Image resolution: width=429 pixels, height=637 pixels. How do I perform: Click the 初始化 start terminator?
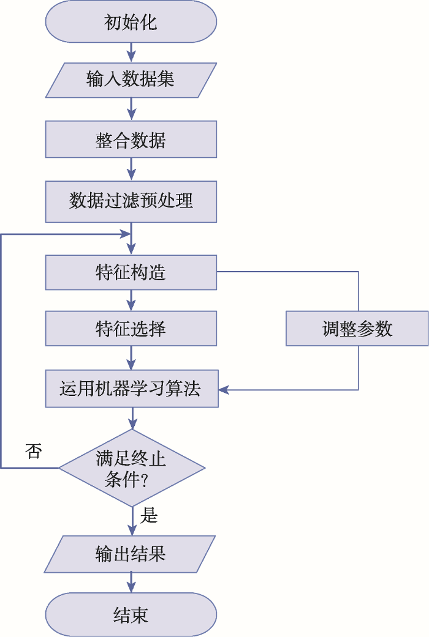[x=131, y=21]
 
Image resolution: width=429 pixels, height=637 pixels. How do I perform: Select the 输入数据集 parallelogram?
[x=131, y=80]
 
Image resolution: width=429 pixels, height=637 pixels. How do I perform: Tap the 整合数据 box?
[x=131, y=140]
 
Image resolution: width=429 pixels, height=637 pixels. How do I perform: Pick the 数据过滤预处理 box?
[x=131, y=201]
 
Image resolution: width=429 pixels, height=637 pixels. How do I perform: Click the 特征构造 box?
[x=131, y=272]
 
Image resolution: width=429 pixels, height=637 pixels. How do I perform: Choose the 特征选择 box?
[x=131, y=328]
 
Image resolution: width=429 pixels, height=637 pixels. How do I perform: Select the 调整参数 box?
[x=357, y=328]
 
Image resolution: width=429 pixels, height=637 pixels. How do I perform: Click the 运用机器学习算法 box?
[x=132, y=389]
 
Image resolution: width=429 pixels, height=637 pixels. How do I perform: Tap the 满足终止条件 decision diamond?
[x=132, y=468]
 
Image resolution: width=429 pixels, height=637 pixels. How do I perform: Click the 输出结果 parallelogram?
[x=130, y=554]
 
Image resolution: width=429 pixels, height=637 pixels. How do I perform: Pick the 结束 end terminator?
[x=131, y=614]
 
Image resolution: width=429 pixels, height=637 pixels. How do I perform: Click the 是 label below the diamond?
[x=149, y=515]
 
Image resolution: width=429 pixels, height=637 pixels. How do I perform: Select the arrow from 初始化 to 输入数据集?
[x=131, y=53]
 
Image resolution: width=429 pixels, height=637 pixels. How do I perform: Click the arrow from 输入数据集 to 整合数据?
[x=131, y=110]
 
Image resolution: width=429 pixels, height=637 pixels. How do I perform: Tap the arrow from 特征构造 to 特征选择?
[x=131, y=300]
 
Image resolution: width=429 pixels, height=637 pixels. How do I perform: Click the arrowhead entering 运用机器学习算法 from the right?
[x=224, y=390]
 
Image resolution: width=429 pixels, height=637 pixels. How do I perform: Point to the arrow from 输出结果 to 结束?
[x=131, y=583]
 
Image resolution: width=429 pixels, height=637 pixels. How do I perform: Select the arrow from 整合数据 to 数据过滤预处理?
[x=131, y=169]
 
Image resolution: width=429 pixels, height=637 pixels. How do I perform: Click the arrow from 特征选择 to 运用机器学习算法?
[x=131, y=358]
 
